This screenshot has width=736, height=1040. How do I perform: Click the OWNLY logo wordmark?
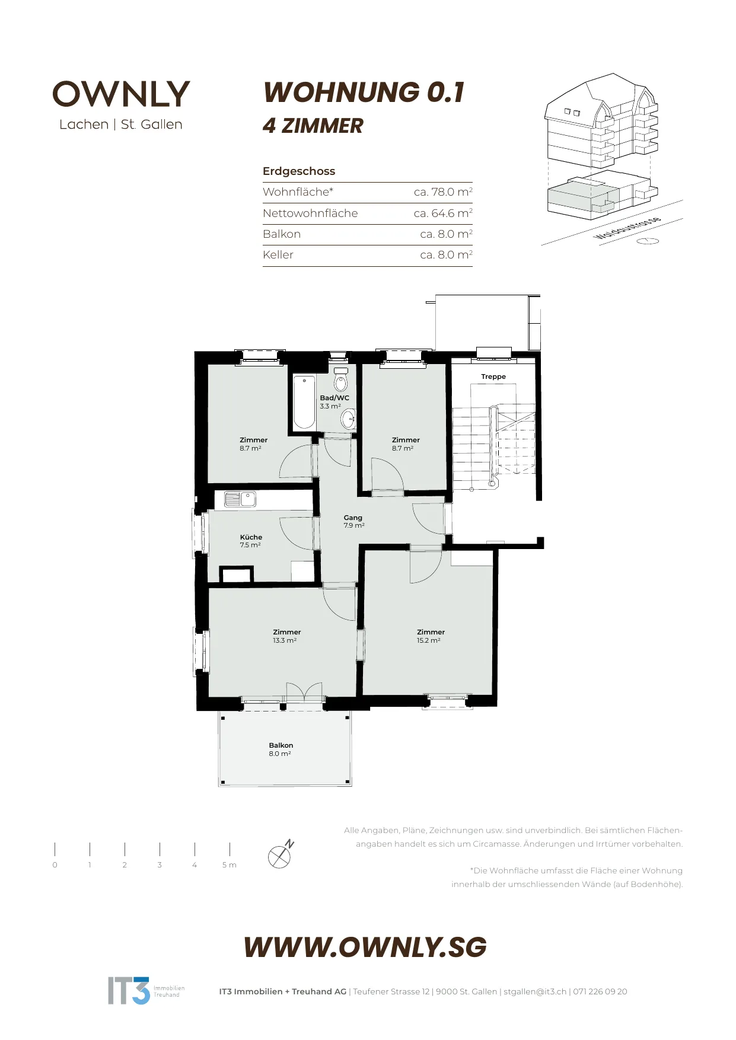point(121,94)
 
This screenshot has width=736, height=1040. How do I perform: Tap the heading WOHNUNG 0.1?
point(364,92)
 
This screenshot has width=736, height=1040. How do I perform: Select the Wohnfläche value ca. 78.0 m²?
point(443,192)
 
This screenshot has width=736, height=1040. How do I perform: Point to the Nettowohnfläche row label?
point(310,213)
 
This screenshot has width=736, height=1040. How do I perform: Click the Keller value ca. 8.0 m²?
point(446,255)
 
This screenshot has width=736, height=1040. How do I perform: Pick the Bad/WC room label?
point(334,398)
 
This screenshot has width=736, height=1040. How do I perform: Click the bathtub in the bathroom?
point(304,402)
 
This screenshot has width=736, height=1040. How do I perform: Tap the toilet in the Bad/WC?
point(340,379)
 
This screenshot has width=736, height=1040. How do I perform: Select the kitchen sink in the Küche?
point(240,499)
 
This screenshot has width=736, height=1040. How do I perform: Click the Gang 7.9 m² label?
point(353,521)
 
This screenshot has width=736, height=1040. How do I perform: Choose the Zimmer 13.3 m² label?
point(286,636)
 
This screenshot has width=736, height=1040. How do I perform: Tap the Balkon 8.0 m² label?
point(281,749)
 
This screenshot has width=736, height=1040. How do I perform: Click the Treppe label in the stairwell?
point(493,377)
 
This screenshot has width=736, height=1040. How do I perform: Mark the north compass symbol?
point(281,854)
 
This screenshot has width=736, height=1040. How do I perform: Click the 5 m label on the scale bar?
point(230,865)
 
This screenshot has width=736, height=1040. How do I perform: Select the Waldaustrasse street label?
point(627,229)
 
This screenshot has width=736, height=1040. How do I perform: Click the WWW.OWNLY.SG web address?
point(365,947)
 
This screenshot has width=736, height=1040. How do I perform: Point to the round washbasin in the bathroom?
point(348,419)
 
